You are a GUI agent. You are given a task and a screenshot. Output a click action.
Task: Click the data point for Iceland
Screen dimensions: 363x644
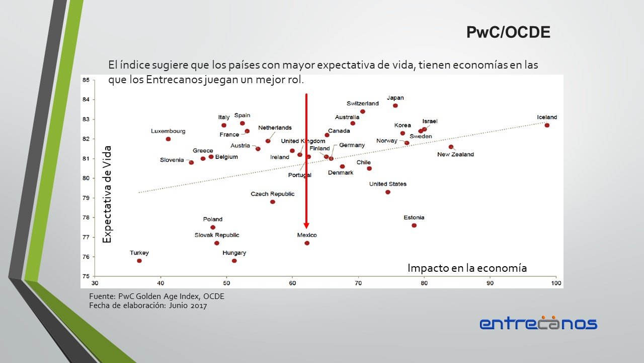click(x=547, y=125)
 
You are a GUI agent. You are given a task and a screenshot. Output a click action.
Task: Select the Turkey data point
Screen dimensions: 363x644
click(x=139, y=261)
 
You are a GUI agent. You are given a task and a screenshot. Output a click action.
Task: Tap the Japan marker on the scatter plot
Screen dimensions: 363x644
click(x=395, y=105)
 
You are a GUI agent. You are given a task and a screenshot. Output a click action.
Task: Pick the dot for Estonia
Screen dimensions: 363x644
click(x=414, y=225)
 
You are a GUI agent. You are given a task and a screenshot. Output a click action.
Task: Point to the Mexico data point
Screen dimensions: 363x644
click(x=307, y=243)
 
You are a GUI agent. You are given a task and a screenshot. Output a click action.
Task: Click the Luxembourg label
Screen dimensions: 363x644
click(x=168, y=131)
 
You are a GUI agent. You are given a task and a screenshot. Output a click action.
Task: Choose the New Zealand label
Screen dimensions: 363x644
click(x=455, y=154)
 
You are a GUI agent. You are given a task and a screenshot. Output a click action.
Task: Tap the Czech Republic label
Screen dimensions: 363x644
click(x=273, y=194)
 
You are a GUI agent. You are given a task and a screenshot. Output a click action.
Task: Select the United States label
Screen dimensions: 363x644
click(x=388, y=184)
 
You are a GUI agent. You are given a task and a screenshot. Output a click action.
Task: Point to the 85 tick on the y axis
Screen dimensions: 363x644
click(x=86, y=80)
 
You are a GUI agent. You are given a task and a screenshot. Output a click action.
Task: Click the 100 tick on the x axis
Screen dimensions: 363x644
click(x=556, y=283)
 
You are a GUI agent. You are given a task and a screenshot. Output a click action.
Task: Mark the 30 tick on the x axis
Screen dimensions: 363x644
click(x=95, y=283)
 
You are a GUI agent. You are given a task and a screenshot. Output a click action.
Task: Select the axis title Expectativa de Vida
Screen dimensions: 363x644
click(x=107, y=195)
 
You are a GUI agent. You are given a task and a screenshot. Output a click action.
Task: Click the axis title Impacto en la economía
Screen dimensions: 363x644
click(x=467, y=268)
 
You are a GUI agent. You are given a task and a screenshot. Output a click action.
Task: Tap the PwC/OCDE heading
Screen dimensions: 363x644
click(x=508, y=33)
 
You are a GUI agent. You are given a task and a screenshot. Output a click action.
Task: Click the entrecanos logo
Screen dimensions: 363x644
click(x=538, y=323)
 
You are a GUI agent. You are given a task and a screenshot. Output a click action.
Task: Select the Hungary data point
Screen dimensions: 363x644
click(x=234, y=261)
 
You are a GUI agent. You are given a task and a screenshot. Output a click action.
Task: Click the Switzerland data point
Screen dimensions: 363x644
click(x=363, y=111)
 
